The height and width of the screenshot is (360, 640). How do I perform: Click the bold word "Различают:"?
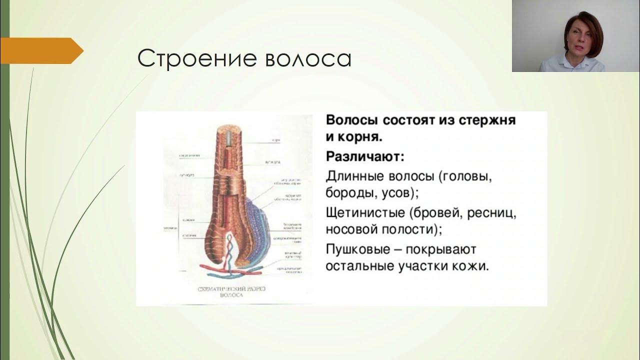(x=365, y=156)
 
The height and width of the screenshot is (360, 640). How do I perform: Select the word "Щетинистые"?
(x=365, y=212)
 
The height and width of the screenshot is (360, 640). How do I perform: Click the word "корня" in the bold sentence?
(x=359, y=136)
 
